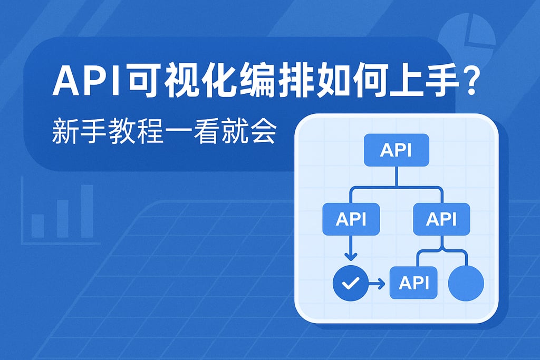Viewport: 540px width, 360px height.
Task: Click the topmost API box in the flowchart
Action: coord(397,150)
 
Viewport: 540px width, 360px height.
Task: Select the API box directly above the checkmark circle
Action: coord(351,219)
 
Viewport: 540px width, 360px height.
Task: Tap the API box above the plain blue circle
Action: coord(441,219)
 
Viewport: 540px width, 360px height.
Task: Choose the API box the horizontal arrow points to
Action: coord(413,283)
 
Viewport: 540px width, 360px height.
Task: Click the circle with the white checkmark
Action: coord(350,284)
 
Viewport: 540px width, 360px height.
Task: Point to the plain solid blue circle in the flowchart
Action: coord(465,283)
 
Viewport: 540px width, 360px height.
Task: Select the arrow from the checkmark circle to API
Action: coord(376,284)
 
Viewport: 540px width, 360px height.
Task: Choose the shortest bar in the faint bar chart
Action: coord(38,226)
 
